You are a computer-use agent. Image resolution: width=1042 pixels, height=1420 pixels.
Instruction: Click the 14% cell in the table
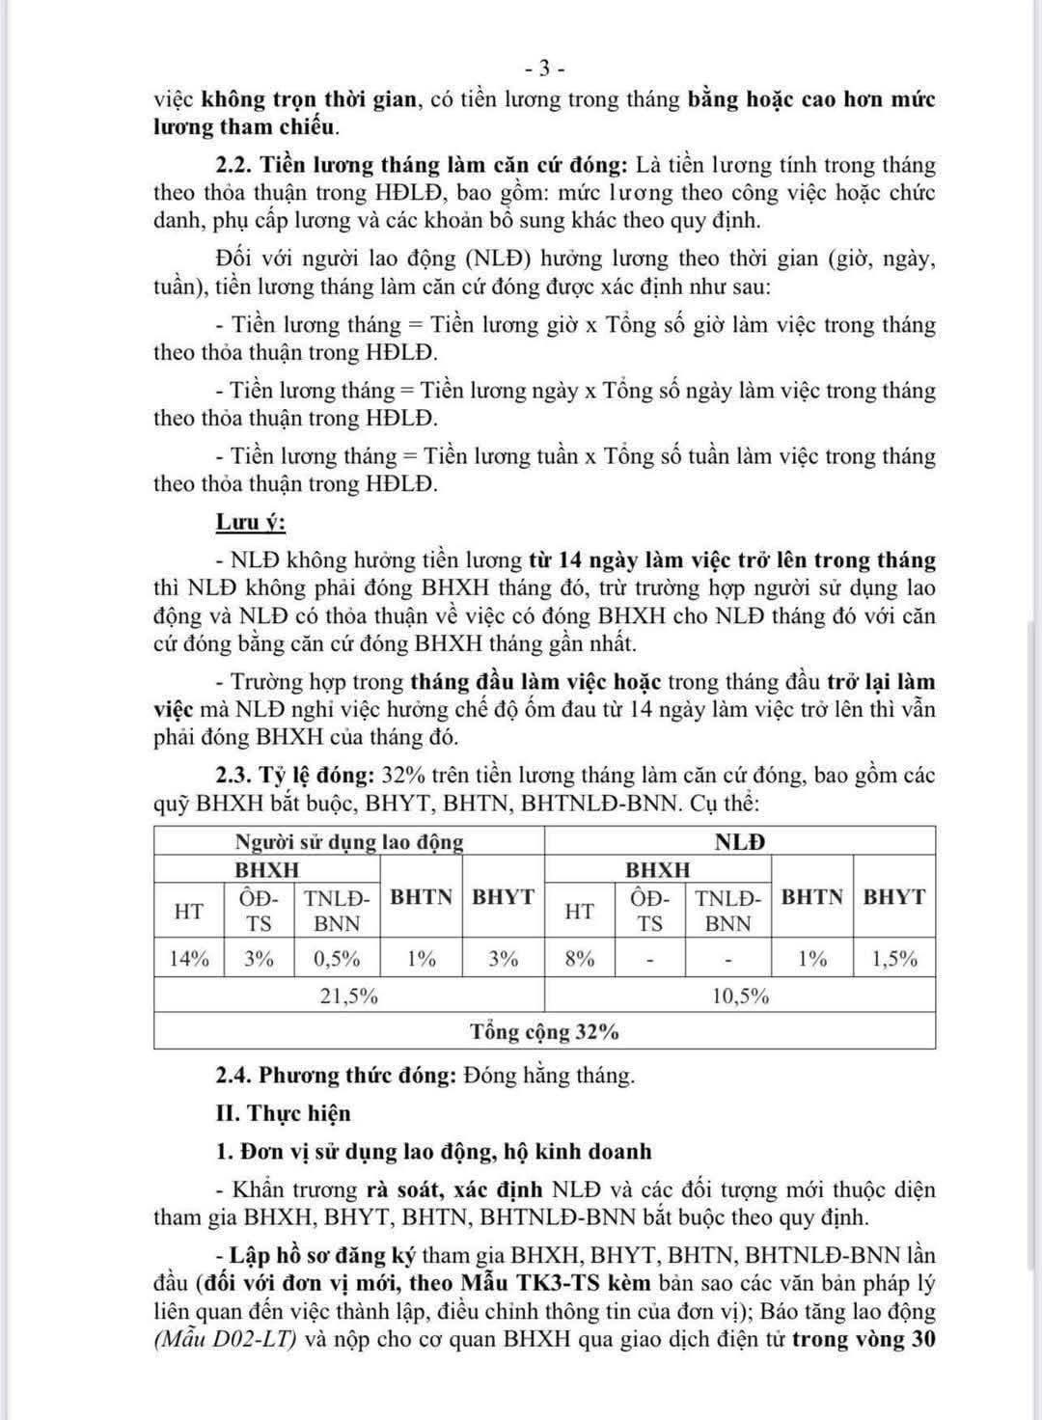click(x=189, y=959)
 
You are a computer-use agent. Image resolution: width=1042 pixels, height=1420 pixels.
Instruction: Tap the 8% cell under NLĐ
click(x=579, y=959)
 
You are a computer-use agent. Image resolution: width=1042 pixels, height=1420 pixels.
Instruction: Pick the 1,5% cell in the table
click(x=893, y=959)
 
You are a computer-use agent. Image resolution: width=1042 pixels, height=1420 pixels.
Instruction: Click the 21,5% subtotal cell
click(x=348, y=996)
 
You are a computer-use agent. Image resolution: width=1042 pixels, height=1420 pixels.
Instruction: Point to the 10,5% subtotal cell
click(x=740, y=996)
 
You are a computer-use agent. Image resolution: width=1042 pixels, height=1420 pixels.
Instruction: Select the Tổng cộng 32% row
click(x=544, y=1031)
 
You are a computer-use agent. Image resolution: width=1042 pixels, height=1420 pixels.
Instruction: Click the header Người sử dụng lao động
click(x=349, y=841)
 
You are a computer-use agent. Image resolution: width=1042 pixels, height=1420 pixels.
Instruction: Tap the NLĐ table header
click(x=740, y=841)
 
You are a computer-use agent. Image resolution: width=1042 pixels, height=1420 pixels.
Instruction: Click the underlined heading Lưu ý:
click(x=250, y=522)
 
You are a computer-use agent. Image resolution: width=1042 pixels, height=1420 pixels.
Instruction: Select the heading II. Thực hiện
click(x=284, y=1113)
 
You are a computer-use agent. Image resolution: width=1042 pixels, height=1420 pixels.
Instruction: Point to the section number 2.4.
click(x=234, y=1075)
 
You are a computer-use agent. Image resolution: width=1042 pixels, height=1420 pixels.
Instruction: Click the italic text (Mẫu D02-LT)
click(x=226, y=1339)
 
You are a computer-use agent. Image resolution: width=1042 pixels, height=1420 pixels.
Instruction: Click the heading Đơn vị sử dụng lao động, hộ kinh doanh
click(x=445, y=1152)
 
